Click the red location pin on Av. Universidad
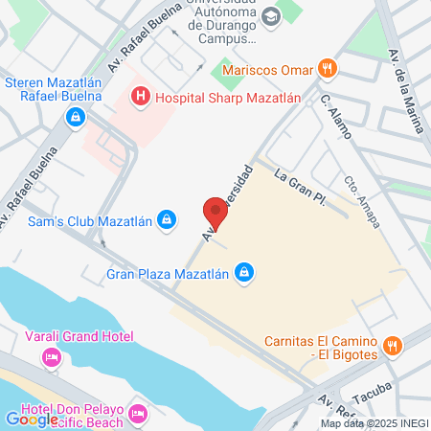216,213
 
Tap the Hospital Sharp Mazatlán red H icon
142,96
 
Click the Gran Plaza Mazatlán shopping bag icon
245,274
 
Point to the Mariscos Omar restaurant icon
328,68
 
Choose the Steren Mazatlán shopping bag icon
74,117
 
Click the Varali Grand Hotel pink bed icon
51,357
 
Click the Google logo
32,419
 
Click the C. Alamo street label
337,113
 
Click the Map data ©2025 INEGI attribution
374,423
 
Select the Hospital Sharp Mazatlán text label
227,96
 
